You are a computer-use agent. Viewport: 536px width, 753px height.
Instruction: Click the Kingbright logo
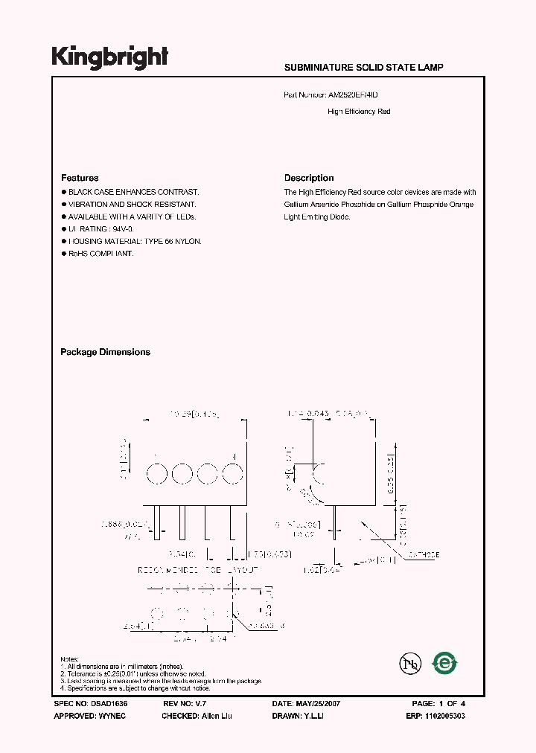[109, 57]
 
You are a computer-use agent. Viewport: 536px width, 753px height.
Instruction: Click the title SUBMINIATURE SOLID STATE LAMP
[363, 68]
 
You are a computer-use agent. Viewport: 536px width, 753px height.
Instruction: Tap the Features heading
[80, 178]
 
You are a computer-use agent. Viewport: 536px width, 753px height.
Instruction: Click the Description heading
[309, 178]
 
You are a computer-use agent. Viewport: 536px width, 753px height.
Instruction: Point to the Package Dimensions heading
[105, 352]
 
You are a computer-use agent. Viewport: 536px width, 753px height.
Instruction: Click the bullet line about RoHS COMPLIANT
[101, 254]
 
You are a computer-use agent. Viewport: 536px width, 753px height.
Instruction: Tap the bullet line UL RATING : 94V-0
[103, 229]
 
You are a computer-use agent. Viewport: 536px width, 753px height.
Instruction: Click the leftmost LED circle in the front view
[156, 473]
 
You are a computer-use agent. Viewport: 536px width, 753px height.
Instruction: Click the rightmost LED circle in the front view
[233, 473]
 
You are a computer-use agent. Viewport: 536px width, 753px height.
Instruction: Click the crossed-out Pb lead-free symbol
[407, 663]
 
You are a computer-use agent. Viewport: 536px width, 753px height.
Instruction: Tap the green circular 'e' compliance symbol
[445, 663]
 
